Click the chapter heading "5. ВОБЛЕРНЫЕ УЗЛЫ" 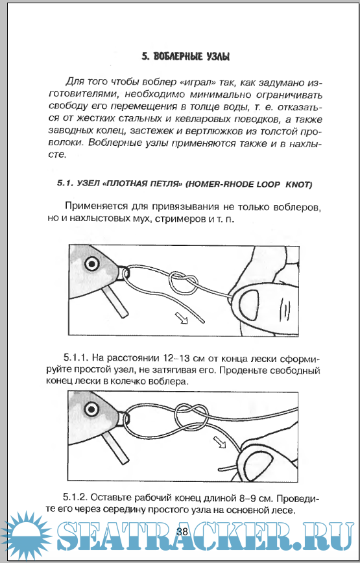click(186, 57)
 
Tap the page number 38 click(182, 531)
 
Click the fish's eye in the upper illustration click(92, 264)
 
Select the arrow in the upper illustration click(182, 318)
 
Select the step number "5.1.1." click(76, 357)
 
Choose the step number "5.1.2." click(76, 497)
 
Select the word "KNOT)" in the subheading click(298, 185)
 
